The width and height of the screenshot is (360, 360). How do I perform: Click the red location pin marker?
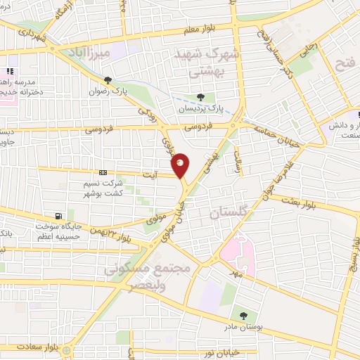(x=181, y=165)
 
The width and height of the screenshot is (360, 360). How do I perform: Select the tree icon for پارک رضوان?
(x=107, y=80)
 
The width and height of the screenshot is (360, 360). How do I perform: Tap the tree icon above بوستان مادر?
(x=243, y=316)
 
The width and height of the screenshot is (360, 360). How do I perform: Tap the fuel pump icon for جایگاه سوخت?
(x=58, y=215)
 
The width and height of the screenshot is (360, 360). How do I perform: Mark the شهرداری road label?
(x=33, y=32)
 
